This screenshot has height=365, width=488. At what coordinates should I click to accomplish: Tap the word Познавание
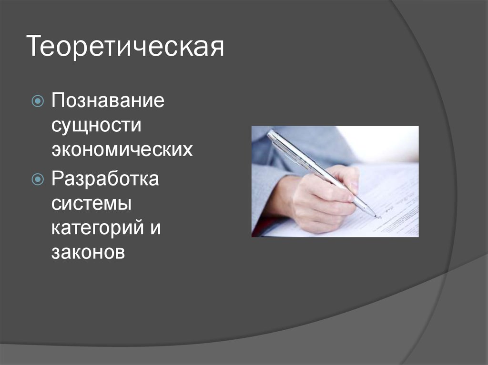(108, 101)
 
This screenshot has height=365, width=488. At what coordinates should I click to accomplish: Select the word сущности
(97, 126)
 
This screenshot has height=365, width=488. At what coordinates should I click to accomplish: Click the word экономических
(122, 150)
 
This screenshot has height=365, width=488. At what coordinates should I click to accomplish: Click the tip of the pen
(379, 217)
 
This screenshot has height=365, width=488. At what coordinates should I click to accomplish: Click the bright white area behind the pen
(381, 143)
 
